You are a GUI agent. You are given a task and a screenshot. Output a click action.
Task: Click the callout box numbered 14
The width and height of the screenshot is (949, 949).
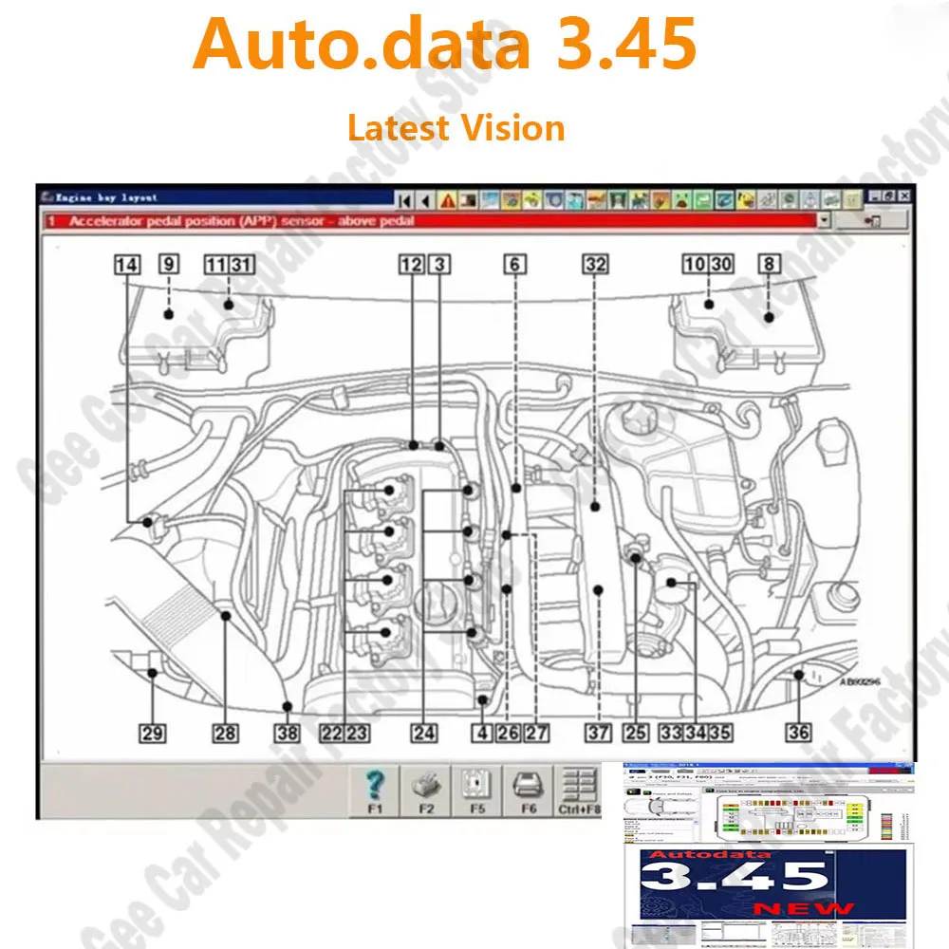point(126,265)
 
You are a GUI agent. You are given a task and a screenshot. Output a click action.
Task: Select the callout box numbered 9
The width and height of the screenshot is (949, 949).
point(169,265)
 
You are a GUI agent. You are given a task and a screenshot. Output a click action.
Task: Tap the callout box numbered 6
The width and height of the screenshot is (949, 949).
point(514,265)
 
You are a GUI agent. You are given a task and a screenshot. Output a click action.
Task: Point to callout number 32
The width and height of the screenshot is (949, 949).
point(595,265)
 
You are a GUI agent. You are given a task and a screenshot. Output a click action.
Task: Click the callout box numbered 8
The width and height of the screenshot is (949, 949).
point(769,265)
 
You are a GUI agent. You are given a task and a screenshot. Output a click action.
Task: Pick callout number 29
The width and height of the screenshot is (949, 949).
point(152,733)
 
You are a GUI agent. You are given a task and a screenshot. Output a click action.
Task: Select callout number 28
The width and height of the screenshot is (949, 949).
point(225,733)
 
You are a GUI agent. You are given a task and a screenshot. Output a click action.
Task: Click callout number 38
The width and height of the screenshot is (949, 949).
point(287,733)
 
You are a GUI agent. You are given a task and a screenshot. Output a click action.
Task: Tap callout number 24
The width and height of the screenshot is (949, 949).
point(423,733)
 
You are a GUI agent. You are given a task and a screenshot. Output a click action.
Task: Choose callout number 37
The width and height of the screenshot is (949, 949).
point(597,733)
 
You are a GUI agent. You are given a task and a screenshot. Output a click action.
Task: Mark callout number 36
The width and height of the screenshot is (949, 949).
point(798,733)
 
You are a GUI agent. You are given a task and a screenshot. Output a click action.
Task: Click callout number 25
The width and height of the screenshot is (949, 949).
point(635,733)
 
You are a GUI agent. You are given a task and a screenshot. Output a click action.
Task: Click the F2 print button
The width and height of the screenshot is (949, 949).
point(426,790)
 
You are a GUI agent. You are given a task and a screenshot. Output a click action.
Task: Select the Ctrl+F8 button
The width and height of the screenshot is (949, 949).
point(579,790)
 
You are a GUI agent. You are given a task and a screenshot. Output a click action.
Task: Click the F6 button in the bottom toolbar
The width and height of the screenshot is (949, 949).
point(528,790)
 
